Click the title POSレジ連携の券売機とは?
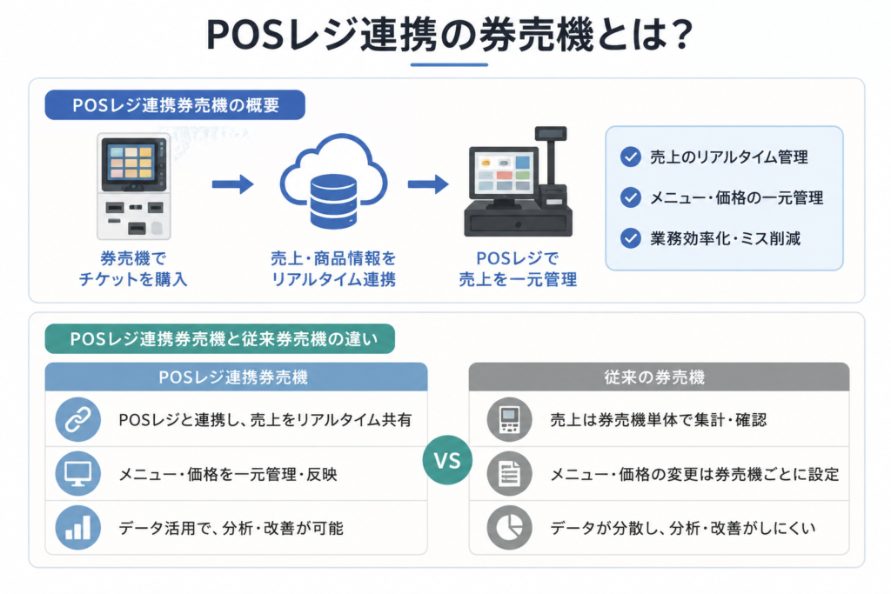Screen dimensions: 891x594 click(449, 35)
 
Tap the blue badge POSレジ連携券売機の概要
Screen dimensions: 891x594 click(175, 105)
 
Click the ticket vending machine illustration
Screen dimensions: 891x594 click(133, 186)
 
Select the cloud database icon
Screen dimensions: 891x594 click(333, 182)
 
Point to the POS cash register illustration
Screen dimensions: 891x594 click(519, 182)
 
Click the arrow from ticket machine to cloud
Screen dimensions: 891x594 click(233, 184)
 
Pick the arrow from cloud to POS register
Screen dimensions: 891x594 click(428, 184)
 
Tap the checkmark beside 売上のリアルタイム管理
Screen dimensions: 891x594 click(631, 157)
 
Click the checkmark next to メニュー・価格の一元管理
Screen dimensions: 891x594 click(631, 197)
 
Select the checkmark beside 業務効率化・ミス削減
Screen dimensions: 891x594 click(631, 238)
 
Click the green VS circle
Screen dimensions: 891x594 click(447, 460)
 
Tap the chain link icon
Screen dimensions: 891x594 click(77, 420)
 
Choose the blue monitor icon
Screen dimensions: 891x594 click(77, 474)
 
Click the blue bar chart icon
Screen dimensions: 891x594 click(77, 528)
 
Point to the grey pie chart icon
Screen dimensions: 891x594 click(509, 528)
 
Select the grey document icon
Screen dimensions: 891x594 click(509, 474)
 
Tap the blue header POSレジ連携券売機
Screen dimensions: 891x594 click(236, 377)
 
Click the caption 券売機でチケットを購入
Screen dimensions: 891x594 click(133, 269)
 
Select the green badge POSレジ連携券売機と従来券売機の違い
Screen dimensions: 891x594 click(220, 339)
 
